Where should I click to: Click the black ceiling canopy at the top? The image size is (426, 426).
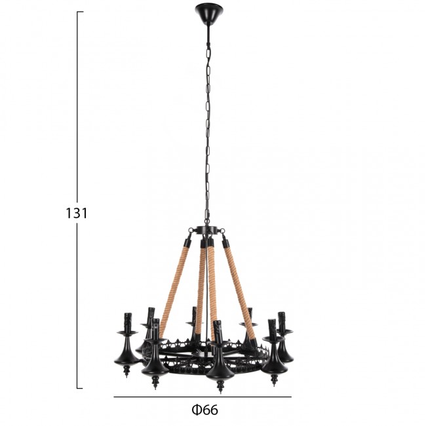click(209, 13)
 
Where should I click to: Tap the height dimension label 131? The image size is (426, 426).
click(76, 213)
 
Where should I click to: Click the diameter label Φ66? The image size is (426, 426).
click(205, 410)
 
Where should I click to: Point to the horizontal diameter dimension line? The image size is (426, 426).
click(203, 397)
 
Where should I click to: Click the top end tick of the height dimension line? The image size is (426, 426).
click(80, 12)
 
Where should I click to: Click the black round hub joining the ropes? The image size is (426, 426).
click(208, 230)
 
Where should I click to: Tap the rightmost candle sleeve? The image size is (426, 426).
click(282, 321)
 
